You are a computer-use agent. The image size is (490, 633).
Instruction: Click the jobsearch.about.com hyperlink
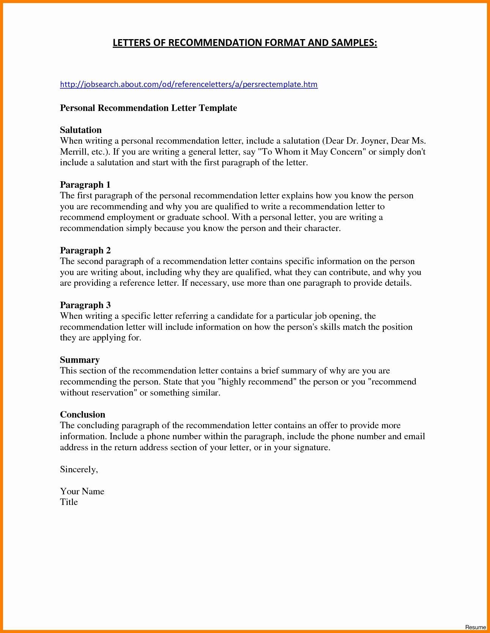[189, 84]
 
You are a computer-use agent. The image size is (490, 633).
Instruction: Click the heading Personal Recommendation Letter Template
[148, 108]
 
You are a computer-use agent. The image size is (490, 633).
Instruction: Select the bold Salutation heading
[80, 130]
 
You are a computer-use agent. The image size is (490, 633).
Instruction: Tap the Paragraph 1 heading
[85, 185]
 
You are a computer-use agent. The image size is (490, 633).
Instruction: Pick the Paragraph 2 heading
[85, 250]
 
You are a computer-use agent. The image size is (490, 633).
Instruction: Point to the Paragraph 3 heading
[85, 305]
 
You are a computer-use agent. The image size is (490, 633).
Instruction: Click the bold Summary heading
[80, 360]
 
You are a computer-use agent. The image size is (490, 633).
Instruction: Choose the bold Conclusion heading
[82, 415]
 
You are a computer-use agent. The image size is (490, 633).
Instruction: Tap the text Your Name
[82, 491]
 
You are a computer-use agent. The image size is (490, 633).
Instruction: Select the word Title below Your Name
[69, 502]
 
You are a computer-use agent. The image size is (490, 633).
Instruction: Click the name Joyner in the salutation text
[373, 141]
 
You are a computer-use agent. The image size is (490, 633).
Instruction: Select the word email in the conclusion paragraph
[414, 437]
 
